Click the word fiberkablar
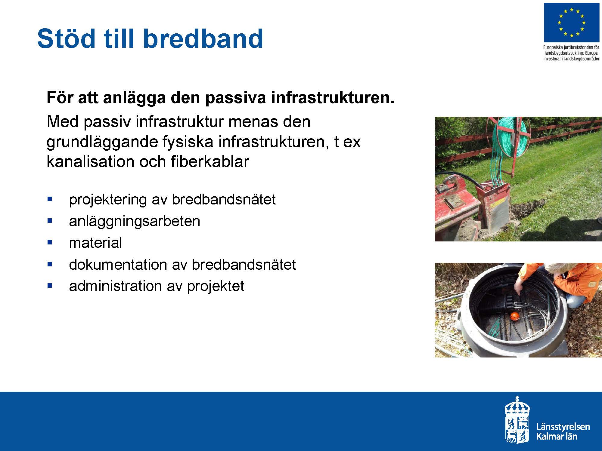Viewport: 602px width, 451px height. tap(210, 161)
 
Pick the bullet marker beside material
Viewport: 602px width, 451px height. tap(50, 242)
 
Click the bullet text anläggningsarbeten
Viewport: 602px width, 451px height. tap(135, 222)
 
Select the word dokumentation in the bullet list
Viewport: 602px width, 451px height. tap(118, 265)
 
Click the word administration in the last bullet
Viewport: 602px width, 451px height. tap(115, 286)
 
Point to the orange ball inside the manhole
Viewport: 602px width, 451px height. tap(515, 315)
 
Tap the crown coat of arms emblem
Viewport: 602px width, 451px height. tap(517, 419)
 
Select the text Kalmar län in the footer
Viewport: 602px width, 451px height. tap(557, 436)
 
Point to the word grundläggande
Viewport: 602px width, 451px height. tap(102, 142)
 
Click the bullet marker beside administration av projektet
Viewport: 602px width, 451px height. tap(50, 286)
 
